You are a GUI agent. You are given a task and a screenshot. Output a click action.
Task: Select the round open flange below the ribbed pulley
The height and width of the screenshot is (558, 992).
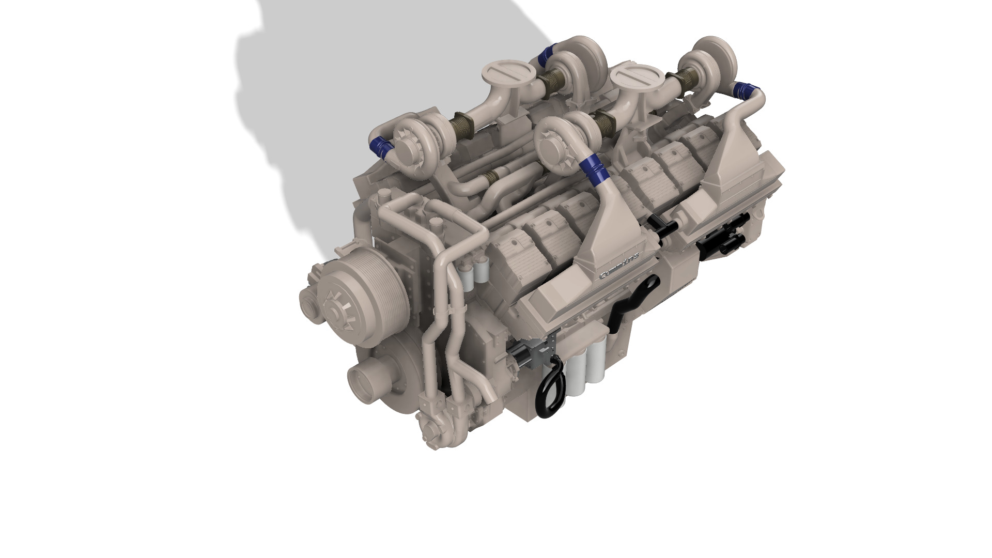(368, 383)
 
